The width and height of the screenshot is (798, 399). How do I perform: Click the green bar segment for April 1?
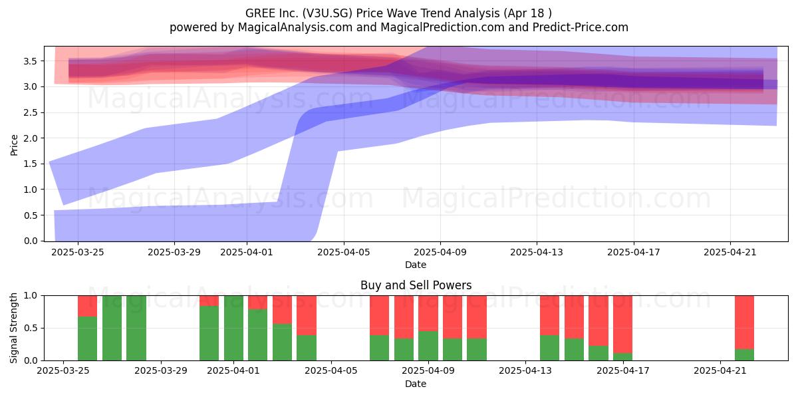pyautogui.click(x=233, y=328)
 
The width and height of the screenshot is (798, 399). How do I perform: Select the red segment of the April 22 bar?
pyautogui.click(x=745, y=323)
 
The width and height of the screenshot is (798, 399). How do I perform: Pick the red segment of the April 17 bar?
pyautogui.click(x=622, y=325)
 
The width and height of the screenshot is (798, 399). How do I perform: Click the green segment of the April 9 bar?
pyautogui.click(x=428, y=346)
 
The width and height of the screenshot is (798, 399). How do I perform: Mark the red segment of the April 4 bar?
pyautogui.click(x=307, y=315)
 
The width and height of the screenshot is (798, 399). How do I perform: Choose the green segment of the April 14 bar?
pyautogui.click(x=550, y=348)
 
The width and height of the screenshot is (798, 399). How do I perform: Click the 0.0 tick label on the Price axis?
pyautogui.click(x=31, y=241)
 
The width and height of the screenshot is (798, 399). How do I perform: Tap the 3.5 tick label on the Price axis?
pyautogui.click(x=31, y=61)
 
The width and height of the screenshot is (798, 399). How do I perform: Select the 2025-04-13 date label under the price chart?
pyautogui.click(x=537, y=252)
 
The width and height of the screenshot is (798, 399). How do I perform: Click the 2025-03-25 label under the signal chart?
pyautogui.click(x=63, y=370)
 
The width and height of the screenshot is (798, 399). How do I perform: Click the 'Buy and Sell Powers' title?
pyautogui.click(x=416, y=285)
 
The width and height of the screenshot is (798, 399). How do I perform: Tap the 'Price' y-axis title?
pyautogui.click(x=14, y=145)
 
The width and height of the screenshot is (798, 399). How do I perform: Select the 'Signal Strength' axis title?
pyautogui.click(x=13, y=328)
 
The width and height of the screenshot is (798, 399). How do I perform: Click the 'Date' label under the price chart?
pyautogui.click(x=416, y=265)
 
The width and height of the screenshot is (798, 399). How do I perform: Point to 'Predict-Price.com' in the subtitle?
pyautogui.click(x=581, y=27)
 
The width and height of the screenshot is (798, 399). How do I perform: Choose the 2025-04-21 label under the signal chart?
pyautogui.click(x=720, y=370)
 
